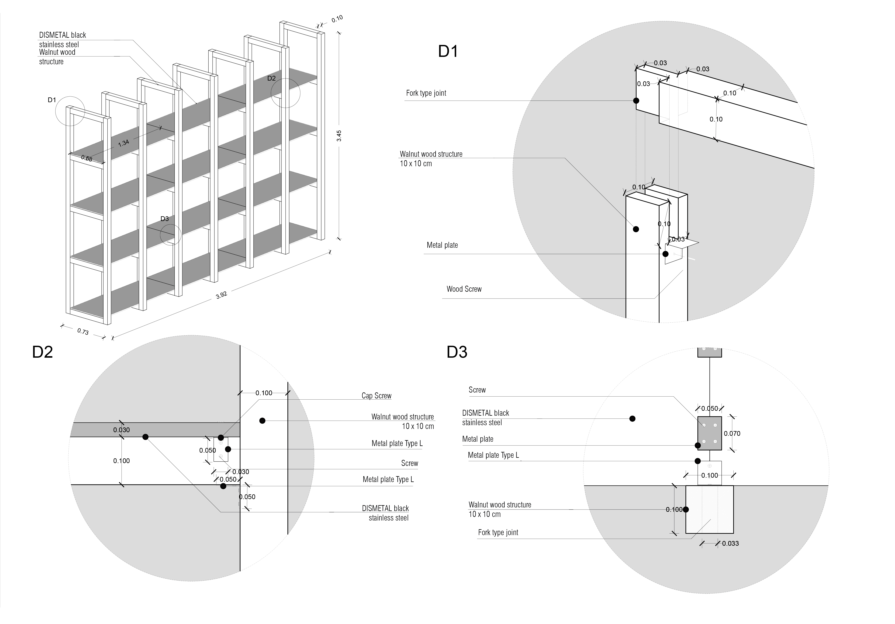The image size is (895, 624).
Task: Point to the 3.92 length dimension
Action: click(221, 295)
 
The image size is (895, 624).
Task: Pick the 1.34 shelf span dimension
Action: click(124, 143)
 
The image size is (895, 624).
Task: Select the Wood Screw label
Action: click(464, 289)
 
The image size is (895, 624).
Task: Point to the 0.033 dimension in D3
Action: click(730, 543)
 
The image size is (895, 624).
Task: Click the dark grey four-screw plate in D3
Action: click(710, 433)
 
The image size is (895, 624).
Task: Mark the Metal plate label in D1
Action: click(442, 245)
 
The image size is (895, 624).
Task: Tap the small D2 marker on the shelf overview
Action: click(271, 78)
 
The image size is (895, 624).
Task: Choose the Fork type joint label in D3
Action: click(498, 532)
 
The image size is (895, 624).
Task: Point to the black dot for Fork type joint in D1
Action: click(636, 101)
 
